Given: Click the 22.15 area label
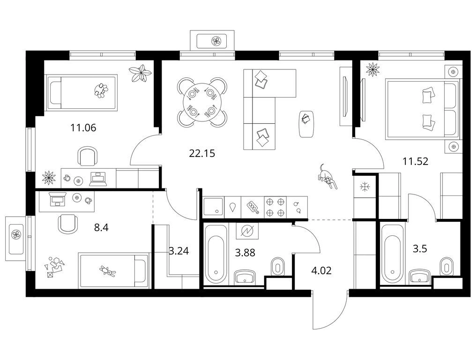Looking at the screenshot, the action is pos(202,153).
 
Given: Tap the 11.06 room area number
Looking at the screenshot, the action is pos(83,127).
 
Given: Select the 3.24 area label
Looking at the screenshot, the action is pos(179,251).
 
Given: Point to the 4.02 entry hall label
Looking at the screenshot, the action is pos(321,270).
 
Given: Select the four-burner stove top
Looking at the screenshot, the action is pos(275,207).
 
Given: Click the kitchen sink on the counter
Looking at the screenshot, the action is pos(213,207).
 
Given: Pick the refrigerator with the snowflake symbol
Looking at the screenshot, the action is pos(364,186).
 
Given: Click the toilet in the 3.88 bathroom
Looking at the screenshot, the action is pos(277,266).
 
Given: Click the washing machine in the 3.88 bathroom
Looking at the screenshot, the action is pos(247,231).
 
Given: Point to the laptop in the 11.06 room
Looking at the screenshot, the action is pos(98,179).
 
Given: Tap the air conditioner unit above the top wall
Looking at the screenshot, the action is pos(212,40).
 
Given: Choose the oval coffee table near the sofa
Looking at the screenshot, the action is pos(306,124).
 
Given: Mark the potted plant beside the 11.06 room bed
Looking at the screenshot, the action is pos(140,73).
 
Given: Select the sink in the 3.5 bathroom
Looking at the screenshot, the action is pos(420,277).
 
